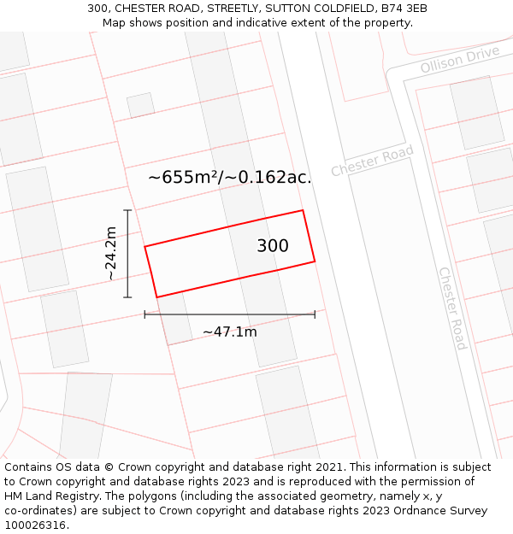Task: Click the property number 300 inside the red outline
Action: pos(273,246)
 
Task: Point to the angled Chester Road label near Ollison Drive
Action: pos(372,161)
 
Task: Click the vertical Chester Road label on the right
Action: pos(451,308)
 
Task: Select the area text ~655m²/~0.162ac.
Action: pos(229,178)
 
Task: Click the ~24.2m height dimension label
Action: pos(111,254)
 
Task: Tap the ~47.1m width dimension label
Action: pos(229,332)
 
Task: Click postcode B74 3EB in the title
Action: pos(404,9)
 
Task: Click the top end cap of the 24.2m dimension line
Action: pos(127,210)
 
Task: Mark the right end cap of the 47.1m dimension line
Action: pos(315,314)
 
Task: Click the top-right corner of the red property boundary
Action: pos(303,210)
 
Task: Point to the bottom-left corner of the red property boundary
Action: pos(156,297)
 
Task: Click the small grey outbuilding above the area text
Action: pos(141,105)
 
